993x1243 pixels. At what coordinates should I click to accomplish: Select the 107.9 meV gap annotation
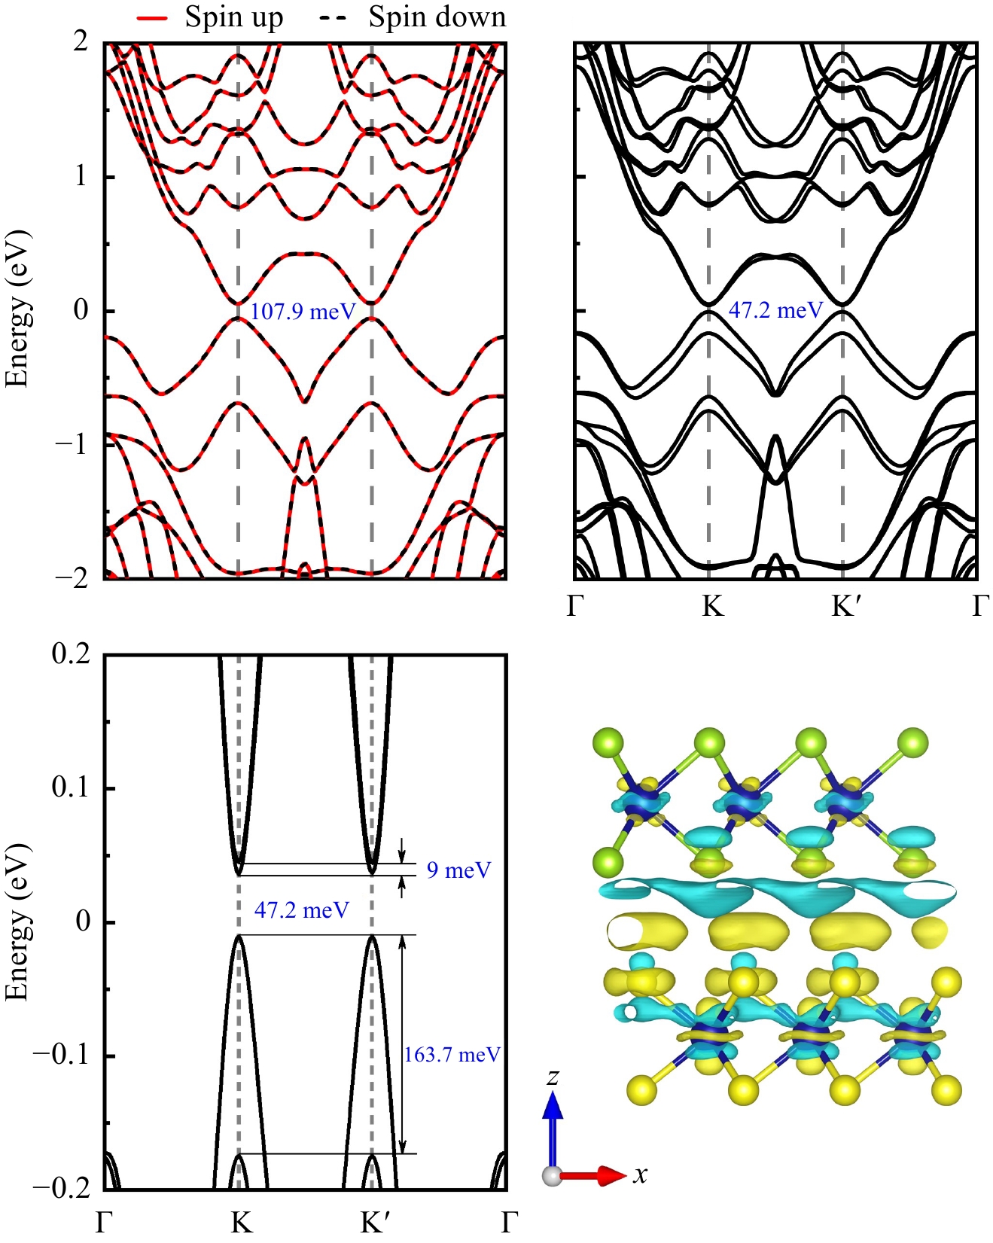click(x=303, y=311)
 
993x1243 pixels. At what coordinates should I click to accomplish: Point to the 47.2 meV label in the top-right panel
click(x=775, y=310)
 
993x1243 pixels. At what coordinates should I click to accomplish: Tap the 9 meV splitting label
click(x=458, y=870)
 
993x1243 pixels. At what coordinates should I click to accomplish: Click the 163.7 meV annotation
click(x=452, y=1055)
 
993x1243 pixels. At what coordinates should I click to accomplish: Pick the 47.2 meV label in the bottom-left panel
click(x=301, y=910)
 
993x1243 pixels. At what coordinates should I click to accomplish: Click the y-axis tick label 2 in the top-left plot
click(x=81, y=41)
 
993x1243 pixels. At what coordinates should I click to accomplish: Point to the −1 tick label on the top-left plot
click(x=73, y=444)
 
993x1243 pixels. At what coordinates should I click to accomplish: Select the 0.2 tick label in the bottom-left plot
click(x=71, y=653)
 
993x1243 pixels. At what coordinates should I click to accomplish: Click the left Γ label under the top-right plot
click(x=576, y=605)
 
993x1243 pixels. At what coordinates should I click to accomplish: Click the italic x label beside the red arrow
click(x=640, y=1174)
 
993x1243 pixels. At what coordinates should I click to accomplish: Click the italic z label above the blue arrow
click(x=553, y=1077)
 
